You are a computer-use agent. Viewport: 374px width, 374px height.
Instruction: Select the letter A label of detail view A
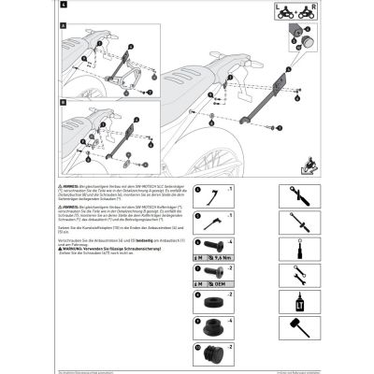point(64,26)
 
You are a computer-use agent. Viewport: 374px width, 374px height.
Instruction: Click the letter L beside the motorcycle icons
point(281,11)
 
